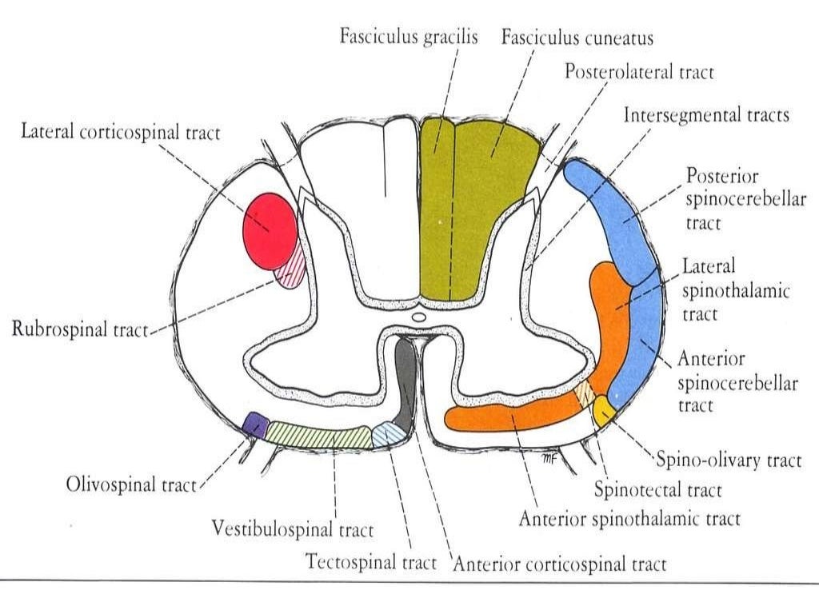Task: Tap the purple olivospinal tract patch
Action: tap(255, 424)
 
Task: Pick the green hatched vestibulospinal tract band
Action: tap(320, 436)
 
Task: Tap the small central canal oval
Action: tap(418, 318)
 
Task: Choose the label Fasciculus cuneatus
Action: tap(577, 38)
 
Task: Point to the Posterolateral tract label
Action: tap(639, 72)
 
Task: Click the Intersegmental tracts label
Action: tap(706, 115)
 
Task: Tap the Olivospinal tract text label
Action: tap(131, 485)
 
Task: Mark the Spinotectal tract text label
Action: tap(657, 489)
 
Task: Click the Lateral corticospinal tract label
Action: tap(121, 133)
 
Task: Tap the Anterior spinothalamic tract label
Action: tap(629, 519)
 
